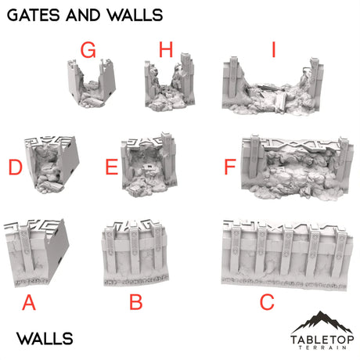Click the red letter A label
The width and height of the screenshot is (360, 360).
[29, 302]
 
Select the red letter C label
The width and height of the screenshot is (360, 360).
[267, 302]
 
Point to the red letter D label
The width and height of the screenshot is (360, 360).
[15, 167]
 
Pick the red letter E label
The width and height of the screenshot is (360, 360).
[111, 167]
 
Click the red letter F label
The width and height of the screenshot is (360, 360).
[229, 167]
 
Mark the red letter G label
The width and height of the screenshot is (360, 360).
[88, 52]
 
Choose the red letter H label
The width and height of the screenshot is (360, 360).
[165, 52]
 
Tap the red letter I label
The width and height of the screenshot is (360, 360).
[273, 52]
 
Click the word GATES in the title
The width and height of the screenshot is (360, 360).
[35, 15]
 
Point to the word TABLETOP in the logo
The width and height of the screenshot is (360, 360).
[322, 339]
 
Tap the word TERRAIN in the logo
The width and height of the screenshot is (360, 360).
[322, 350]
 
